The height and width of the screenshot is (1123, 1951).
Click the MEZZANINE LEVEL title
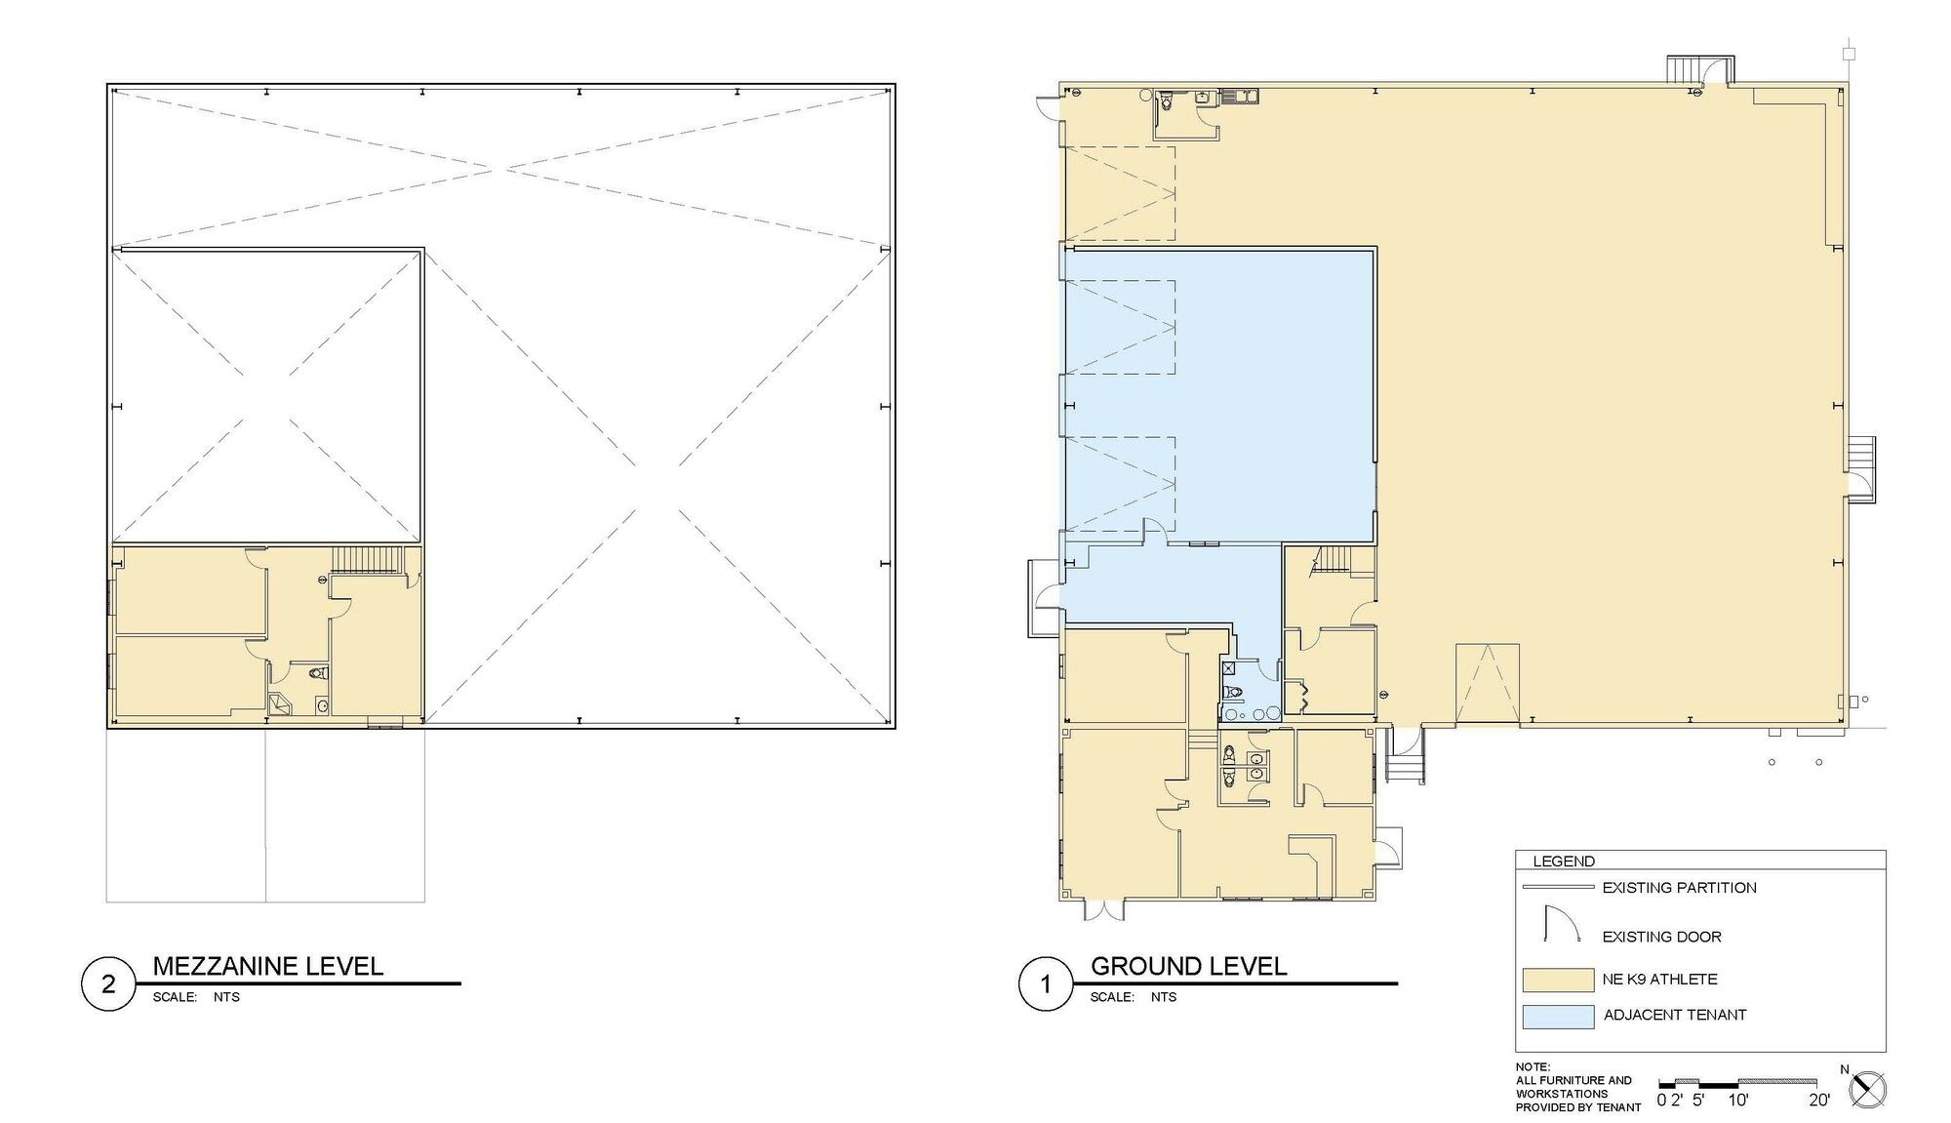[x=268, y=966]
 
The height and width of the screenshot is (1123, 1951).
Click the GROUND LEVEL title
[x=1188, y=966]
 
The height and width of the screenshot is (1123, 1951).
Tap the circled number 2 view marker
[x=108, y=983]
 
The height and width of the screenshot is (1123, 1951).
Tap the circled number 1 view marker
[x=1046, y=983]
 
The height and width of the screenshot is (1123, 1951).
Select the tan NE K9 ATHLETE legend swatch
[x=1558, y=979]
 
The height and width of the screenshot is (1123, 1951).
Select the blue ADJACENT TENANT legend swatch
[x=1558, y=1016]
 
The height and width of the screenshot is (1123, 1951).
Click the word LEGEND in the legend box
[x=1564, y=862]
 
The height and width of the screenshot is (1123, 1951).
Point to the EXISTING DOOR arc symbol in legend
[x=1561, y=924]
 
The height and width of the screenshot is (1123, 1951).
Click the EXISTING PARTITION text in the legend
[x=1680, y=888]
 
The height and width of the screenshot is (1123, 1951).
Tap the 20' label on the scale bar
[x=1818, y=1101]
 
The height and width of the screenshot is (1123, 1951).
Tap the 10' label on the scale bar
[x=1737, y=1101]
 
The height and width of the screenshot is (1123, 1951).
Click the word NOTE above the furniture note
[x=1533, y=1067]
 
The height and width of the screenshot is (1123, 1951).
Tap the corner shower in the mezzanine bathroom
[x=280, y=704]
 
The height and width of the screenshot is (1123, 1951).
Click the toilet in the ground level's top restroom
[x=1167, y=100]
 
